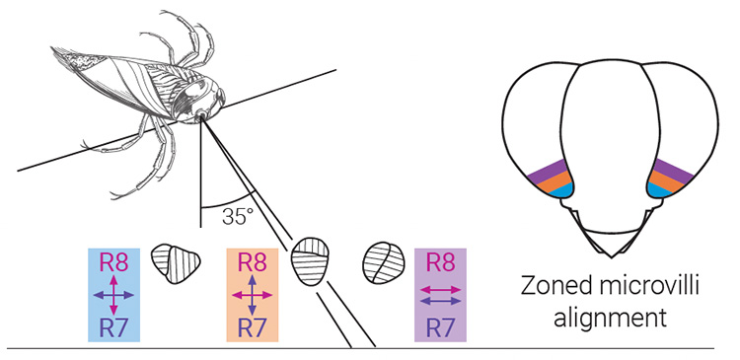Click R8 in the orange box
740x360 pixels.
click(254, 263)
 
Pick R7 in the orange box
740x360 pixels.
click(254, 326)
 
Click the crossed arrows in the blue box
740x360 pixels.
click(113, 295)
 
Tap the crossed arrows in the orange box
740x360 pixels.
click(254, 295)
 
